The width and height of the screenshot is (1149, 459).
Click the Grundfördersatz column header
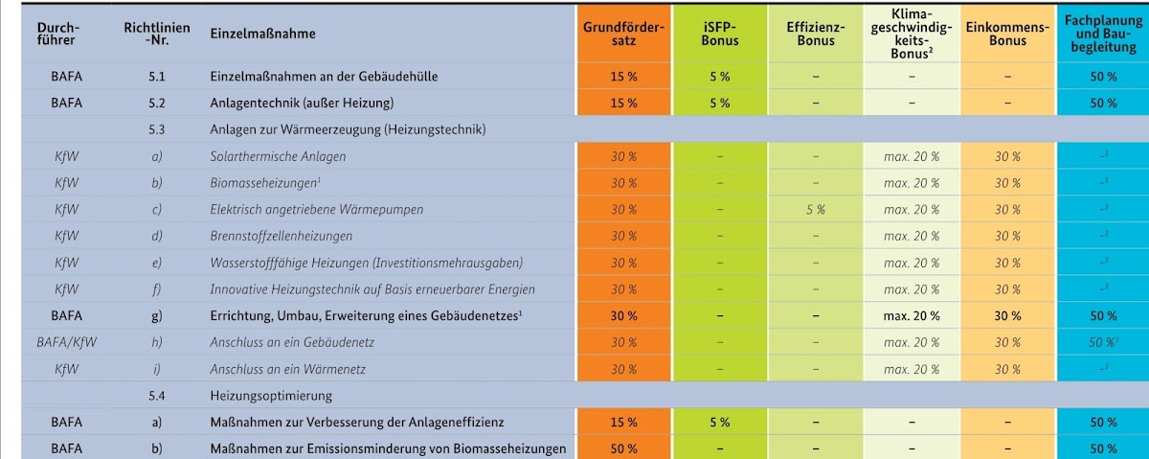point(623,34)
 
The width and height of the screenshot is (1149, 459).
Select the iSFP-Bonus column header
point(720,34)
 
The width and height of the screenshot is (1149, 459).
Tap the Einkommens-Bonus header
point(1007,34)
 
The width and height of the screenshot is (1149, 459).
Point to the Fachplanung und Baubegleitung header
point(1103,34)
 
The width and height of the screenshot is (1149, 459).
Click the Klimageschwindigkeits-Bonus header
point(912,34)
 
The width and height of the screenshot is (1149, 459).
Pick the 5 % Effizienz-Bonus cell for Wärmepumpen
point(816,210)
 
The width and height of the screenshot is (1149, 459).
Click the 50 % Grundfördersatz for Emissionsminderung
point(623,448)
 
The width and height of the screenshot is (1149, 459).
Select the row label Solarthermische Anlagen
point(278,156)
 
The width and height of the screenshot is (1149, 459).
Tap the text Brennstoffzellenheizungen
point(282,236)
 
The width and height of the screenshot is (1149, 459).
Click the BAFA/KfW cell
point(67,342)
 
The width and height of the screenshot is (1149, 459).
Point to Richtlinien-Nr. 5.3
point(156,129)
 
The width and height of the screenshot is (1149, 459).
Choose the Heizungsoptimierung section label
point(271,396)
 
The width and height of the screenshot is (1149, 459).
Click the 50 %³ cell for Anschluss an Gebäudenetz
point(1103,342)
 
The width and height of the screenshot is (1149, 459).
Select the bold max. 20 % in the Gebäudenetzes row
point(912,316)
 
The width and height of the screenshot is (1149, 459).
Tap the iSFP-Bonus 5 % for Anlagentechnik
point(720,103)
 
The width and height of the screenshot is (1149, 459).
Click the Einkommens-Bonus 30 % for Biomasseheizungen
point(1007,183)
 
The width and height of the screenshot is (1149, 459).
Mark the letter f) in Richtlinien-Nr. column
point(156,289)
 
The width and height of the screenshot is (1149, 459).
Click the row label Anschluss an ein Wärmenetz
point(288,369)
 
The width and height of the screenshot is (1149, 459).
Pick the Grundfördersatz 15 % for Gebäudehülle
point(623,77)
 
